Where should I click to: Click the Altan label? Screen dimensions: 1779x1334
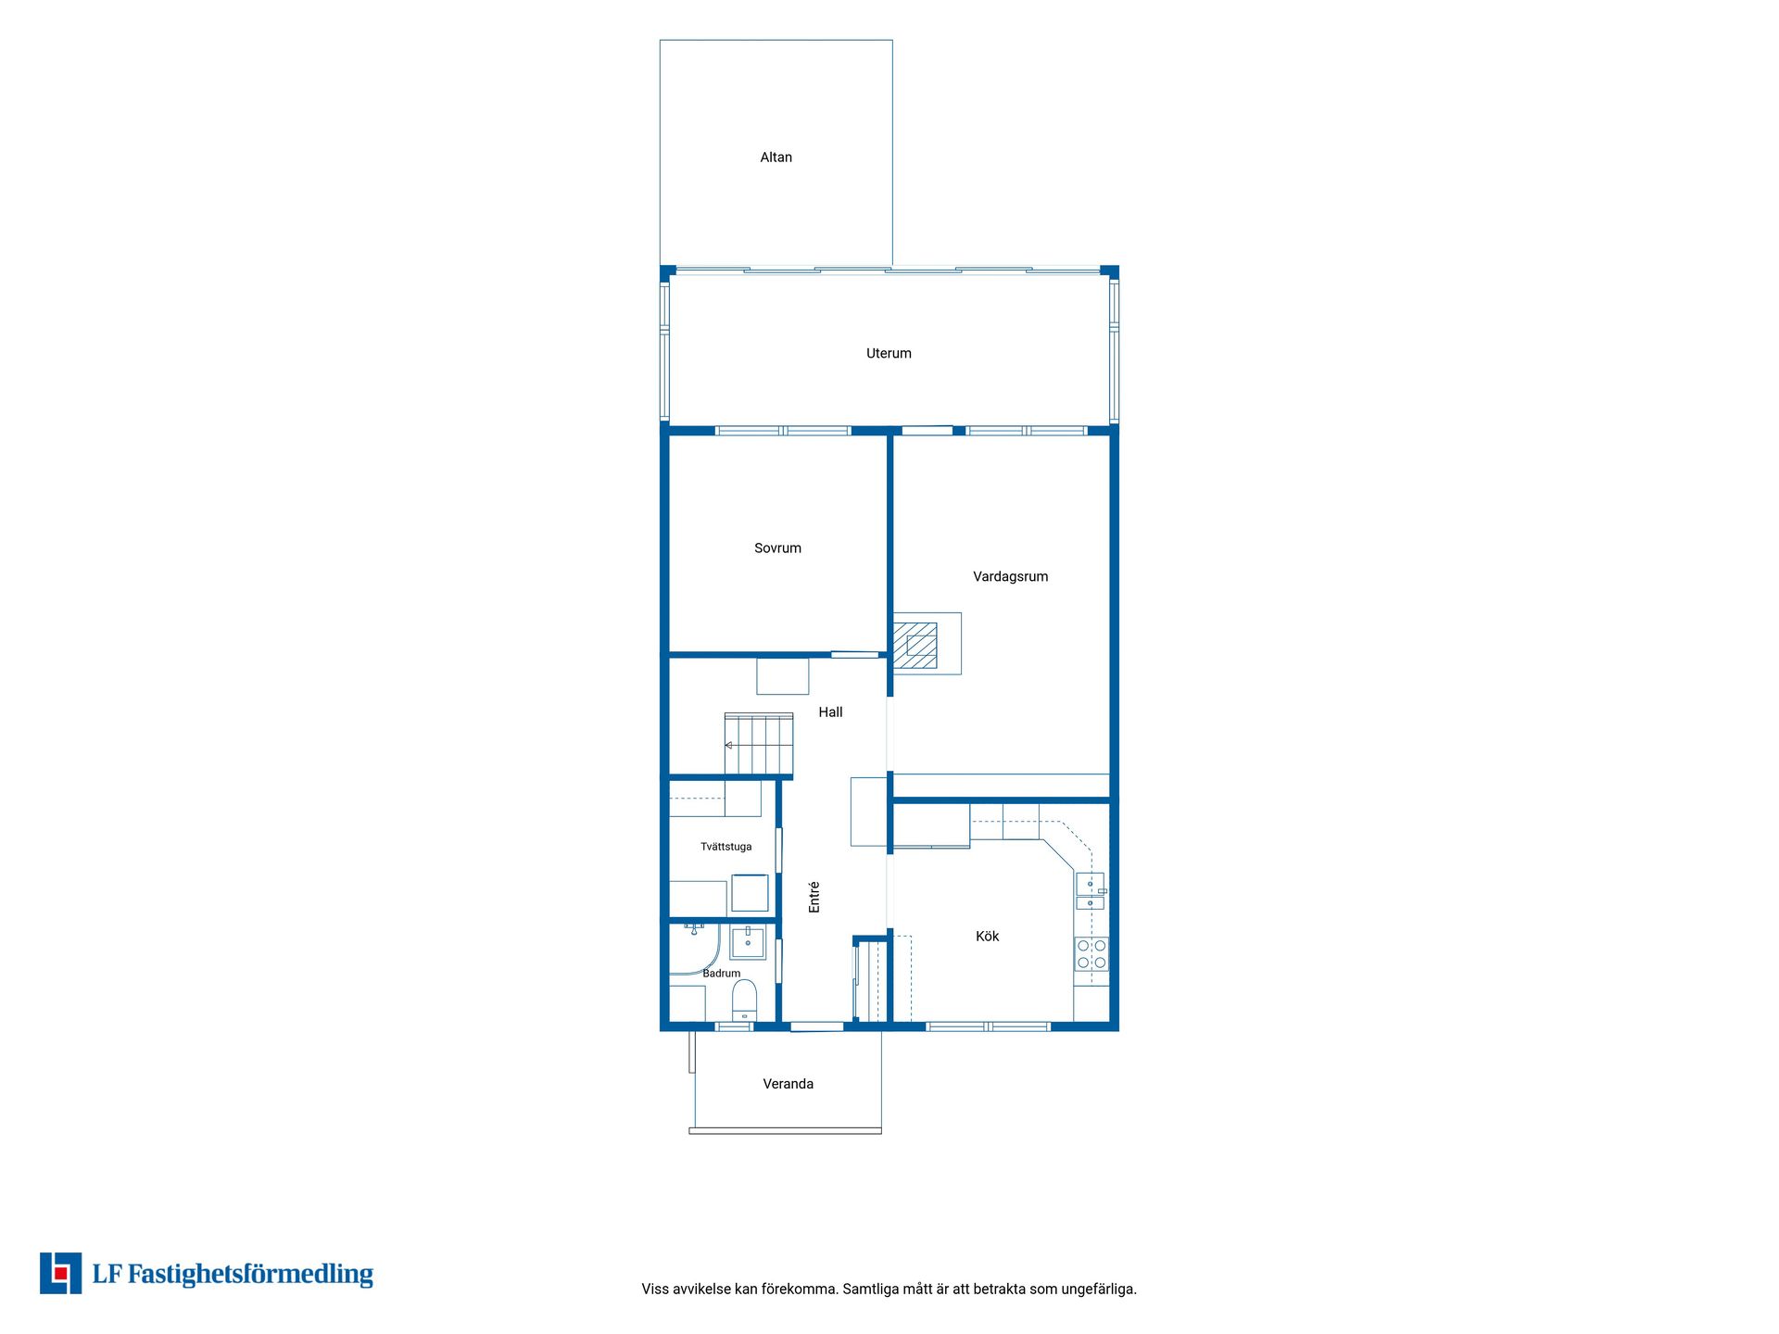click(776, 157)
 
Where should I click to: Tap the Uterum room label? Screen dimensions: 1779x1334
click(889, 353)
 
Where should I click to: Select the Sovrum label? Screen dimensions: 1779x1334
click(777, 548)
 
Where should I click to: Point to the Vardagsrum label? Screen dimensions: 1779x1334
click(1010, 577)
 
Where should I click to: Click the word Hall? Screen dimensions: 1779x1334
click(830, 712)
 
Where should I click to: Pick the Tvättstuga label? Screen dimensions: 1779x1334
click(725, 847)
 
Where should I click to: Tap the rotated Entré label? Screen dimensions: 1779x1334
click(814, 897)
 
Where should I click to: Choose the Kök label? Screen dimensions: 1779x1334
click(987, 937)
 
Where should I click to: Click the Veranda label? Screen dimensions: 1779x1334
click(788, 1084)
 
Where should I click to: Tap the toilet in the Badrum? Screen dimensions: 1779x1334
click(745, 1000)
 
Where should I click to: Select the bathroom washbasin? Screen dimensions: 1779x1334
click(748, 942)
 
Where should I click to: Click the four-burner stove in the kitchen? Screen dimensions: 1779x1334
click(1091, 954)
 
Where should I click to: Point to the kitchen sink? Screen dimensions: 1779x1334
click(1091, 892)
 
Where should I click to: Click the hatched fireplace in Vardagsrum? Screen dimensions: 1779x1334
click(915, 645)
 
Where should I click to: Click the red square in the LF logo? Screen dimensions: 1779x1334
click(61, 1273)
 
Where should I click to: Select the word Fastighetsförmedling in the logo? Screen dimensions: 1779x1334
click(250, 1275)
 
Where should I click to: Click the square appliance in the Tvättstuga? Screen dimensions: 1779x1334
click(750, 893)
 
